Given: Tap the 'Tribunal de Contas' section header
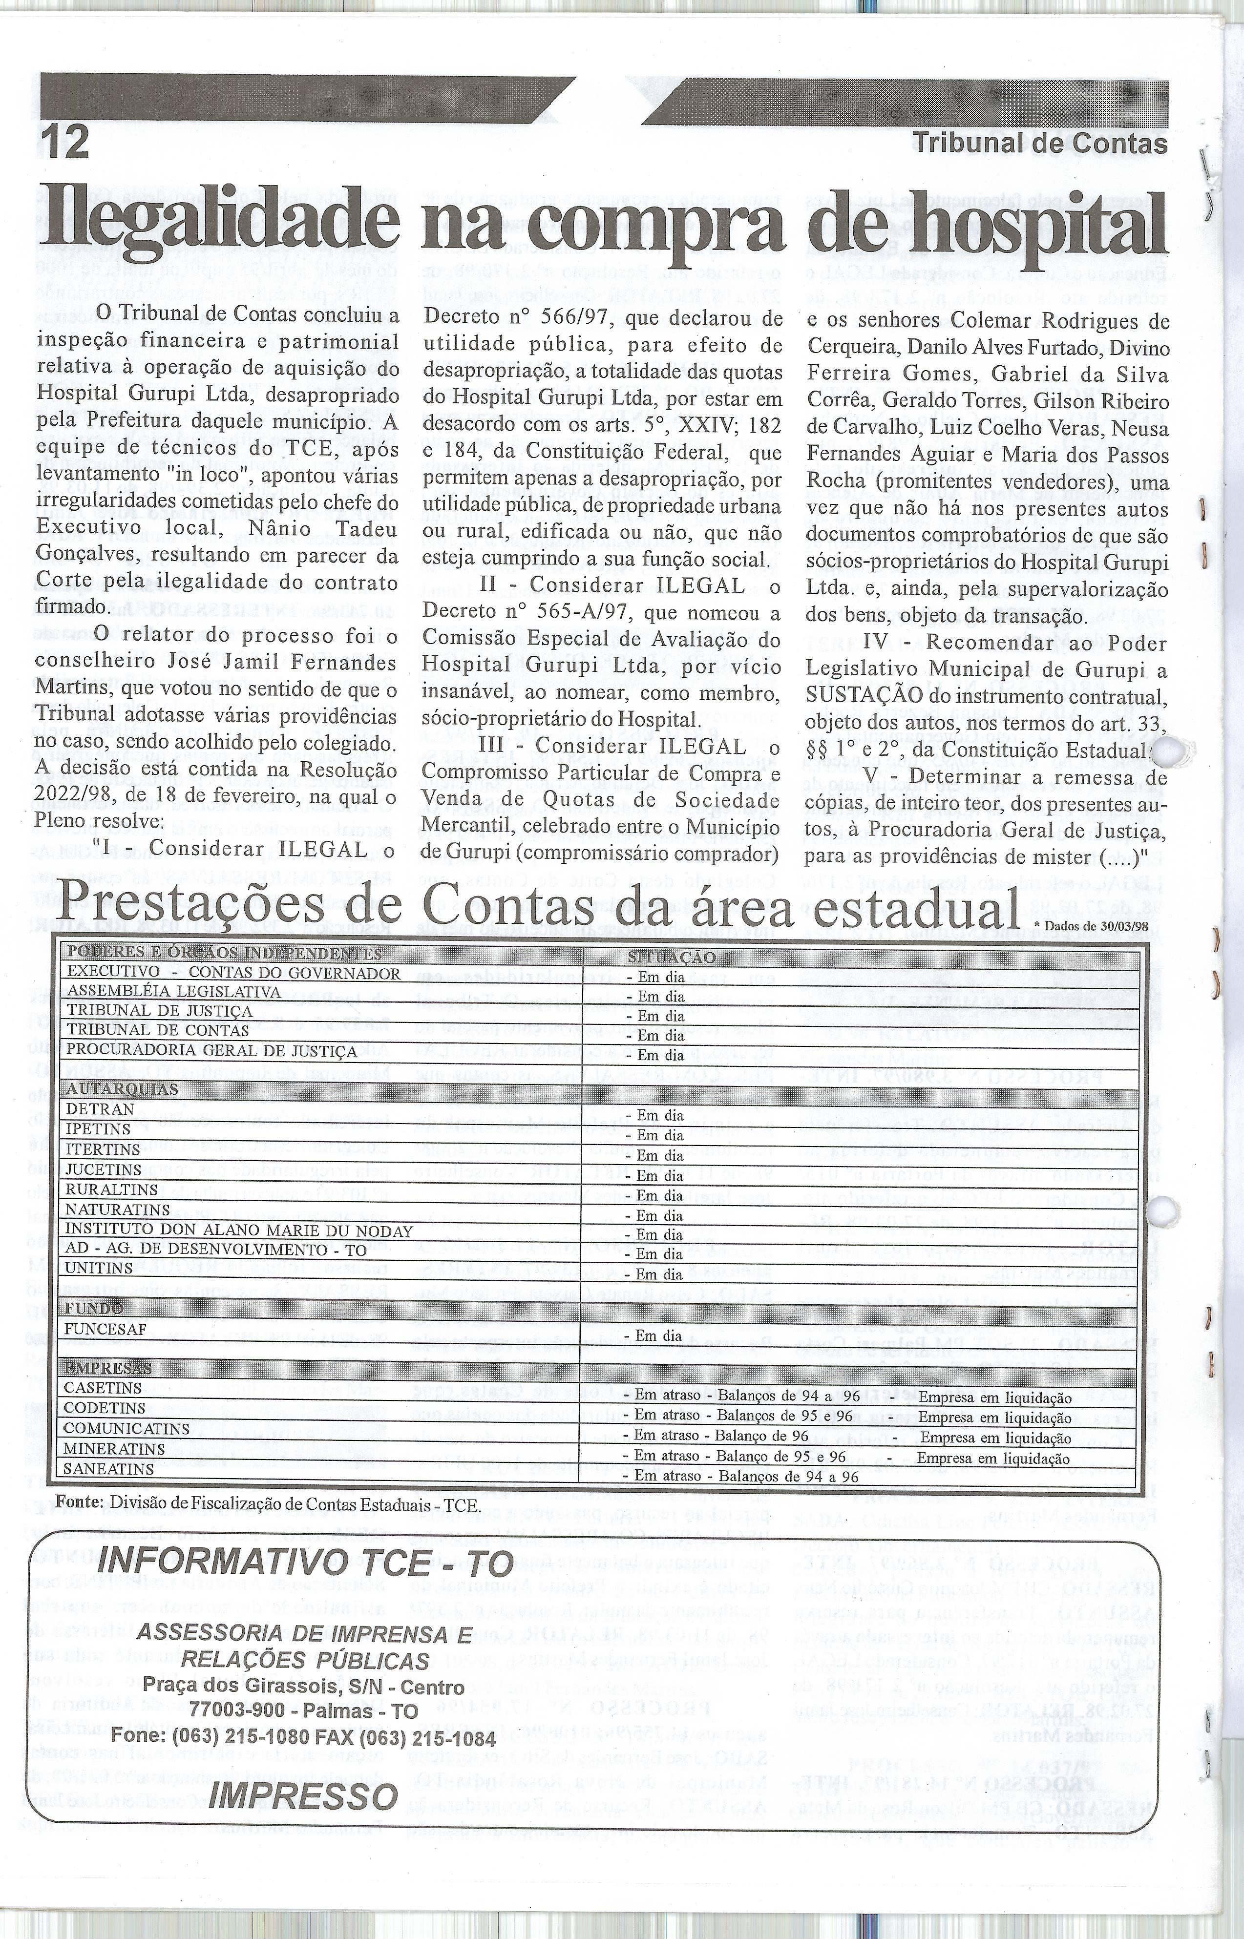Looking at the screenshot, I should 1040,144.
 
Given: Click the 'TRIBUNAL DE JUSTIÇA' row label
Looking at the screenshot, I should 159,1011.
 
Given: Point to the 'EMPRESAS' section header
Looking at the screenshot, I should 108,1369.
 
